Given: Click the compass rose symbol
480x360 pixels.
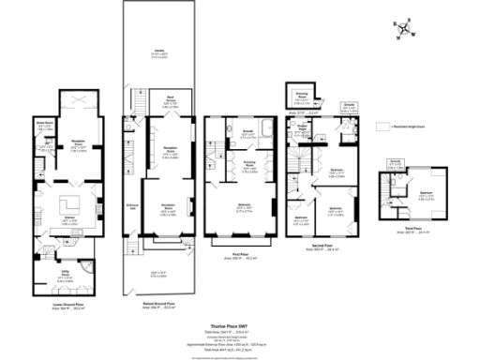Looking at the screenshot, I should tap(403, 31).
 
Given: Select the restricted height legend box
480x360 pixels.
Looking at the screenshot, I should tap(381, 125).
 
